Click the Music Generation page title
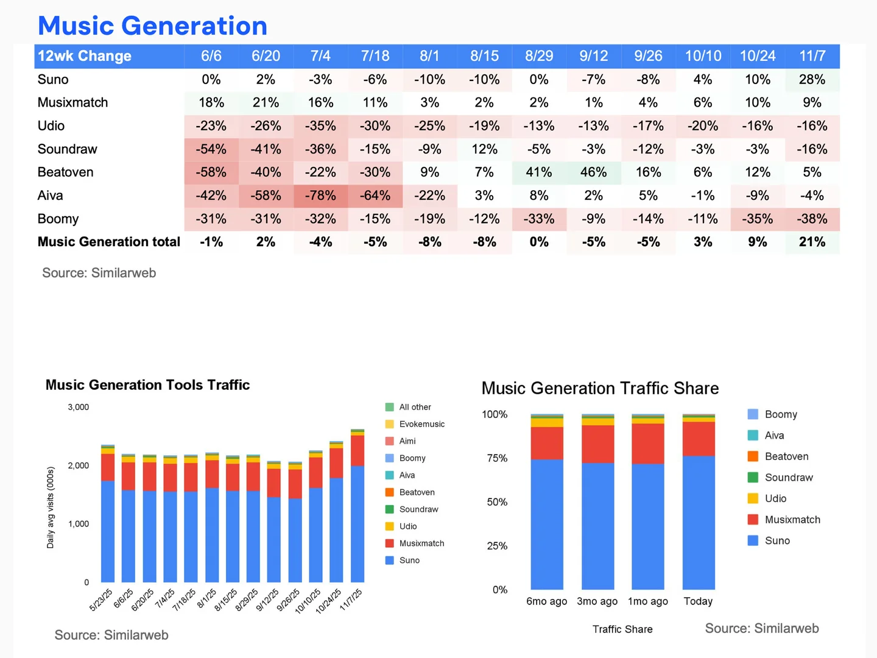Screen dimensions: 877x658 [x=152, y=26]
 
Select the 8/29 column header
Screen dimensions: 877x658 [x=538, y=56]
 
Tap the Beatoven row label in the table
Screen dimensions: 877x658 [x=66, y=172]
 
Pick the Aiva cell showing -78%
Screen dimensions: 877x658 [x=320, y=196]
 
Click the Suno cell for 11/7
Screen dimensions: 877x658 [x=812, y=79]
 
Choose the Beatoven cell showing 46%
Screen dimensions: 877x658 [x=593, y=172]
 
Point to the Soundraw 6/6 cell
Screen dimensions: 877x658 [x=211, y=149]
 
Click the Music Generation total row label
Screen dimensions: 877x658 [x=108, y=242]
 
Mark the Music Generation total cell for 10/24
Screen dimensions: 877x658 [x=757, y=242]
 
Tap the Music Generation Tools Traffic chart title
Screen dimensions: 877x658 [x=147, y=384]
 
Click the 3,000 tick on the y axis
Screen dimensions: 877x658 [x=79, y=407]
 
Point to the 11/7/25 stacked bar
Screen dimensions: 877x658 [x=357, y=506]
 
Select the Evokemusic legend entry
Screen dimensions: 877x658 [x=415, y=424]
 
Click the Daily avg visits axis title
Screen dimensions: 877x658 [x=50, y=508]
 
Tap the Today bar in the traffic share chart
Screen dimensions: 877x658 [x=699, y=501]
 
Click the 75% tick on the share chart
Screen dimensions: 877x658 [x=497, y=458]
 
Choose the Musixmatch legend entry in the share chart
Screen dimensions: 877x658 [x=784, y=519]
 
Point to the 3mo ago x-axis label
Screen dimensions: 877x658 [x=597, y=601]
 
